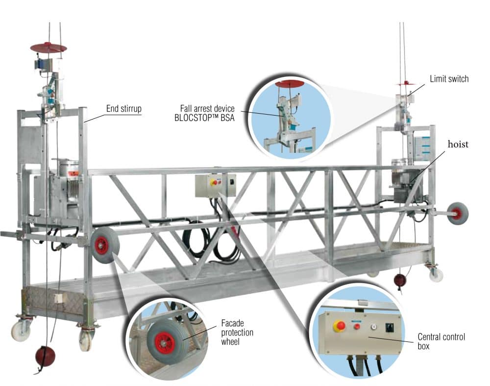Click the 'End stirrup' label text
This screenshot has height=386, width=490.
click(x=123, y=108)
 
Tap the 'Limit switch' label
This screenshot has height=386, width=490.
click(x=449, y=78)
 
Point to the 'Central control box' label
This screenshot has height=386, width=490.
click(x=441, y=341)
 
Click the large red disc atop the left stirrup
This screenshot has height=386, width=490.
click(x=48, y=48)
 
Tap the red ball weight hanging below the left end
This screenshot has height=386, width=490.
click(x=45, y=357)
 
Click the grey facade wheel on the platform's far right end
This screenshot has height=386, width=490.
click(x=457, y=213)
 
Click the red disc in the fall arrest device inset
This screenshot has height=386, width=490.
click(x=290, y=84)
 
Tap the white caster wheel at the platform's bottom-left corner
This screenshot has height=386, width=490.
click(x=21, y=332)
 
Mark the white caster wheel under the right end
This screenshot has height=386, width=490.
click(x=436, y=275)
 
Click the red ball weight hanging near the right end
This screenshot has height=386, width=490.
click(x=400, y=280)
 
